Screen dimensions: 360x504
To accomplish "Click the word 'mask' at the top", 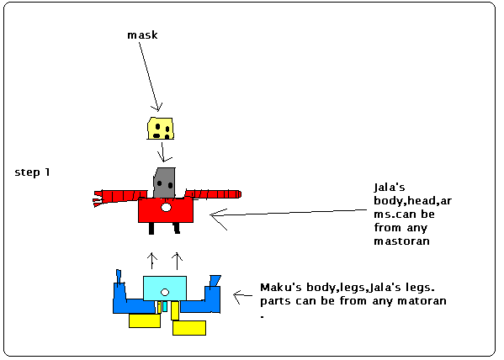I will click(141, 35).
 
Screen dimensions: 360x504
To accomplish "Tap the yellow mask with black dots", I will click(161, 127).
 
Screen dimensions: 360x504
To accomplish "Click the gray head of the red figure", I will click(165, 179).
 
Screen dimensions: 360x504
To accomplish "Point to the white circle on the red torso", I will click(167, 207).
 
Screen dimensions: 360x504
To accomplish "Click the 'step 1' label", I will click(33, 172).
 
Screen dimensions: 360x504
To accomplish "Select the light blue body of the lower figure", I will click(165, 288).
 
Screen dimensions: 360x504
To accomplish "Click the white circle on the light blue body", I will click(165, 292).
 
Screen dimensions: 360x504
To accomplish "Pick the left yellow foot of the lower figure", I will click(144, 320).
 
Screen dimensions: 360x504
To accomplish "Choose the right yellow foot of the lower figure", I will click(188, 326).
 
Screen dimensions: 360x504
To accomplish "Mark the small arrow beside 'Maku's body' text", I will click(243, 295).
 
